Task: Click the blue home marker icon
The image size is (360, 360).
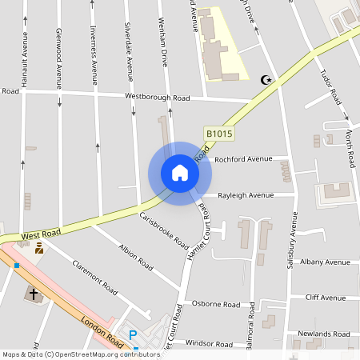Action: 180,173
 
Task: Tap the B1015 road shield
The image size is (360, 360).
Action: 219,134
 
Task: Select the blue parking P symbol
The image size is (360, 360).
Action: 134,335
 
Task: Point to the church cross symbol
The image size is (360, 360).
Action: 34,294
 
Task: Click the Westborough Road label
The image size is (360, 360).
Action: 157,97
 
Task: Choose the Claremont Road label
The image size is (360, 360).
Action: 94,275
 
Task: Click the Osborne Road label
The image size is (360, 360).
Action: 217,305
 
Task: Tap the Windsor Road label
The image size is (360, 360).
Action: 209,343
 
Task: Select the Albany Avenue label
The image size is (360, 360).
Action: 325,262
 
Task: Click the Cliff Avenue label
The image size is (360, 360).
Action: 326,298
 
